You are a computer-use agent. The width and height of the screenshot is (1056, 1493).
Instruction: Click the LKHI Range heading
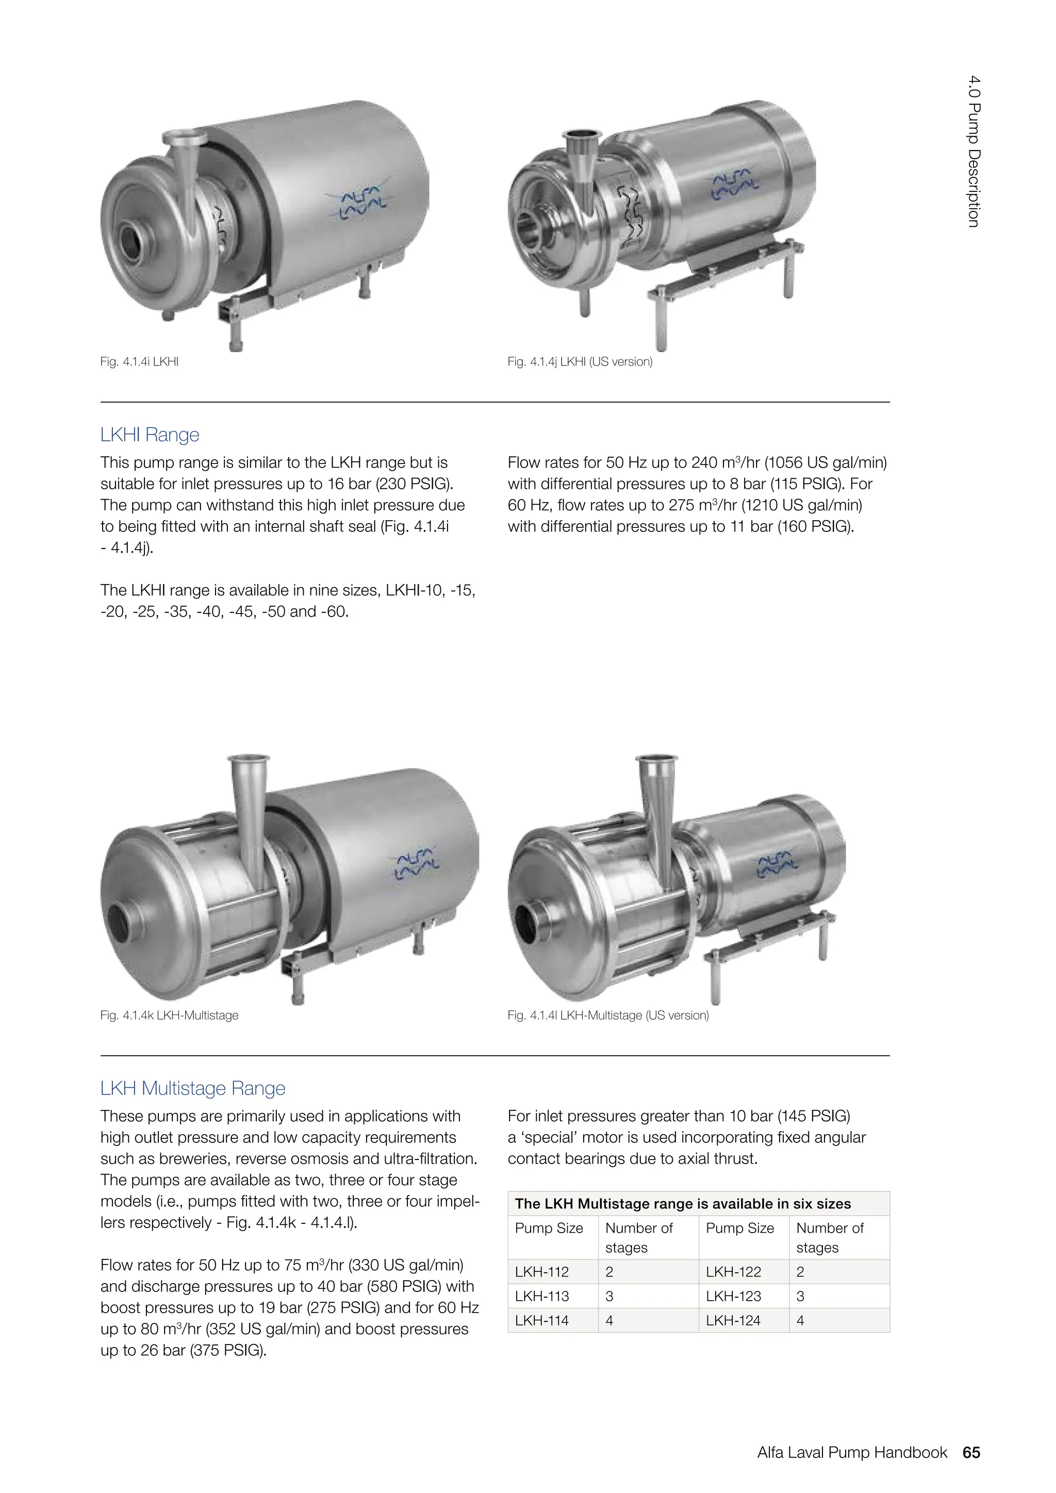point(150,435)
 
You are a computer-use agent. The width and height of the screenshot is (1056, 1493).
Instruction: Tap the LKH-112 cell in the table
point(541,1271)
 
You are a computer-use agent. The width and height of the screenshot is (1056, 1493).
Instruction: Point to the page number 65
point(971,1452)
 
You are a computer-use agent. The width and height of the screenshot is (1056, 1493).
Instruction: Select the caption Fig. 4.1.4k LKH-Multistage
point(169,1015)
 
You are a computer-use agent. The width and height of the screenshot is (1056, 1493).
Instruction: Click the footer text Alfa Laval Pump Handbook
point(852,1452)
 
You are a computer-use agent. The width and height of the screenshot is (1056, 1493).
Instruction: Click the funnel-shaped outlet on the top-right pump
point(578,162)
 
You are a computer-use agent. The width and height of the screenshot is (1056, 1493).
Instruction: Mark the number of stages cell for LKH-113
point(609,1296)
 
